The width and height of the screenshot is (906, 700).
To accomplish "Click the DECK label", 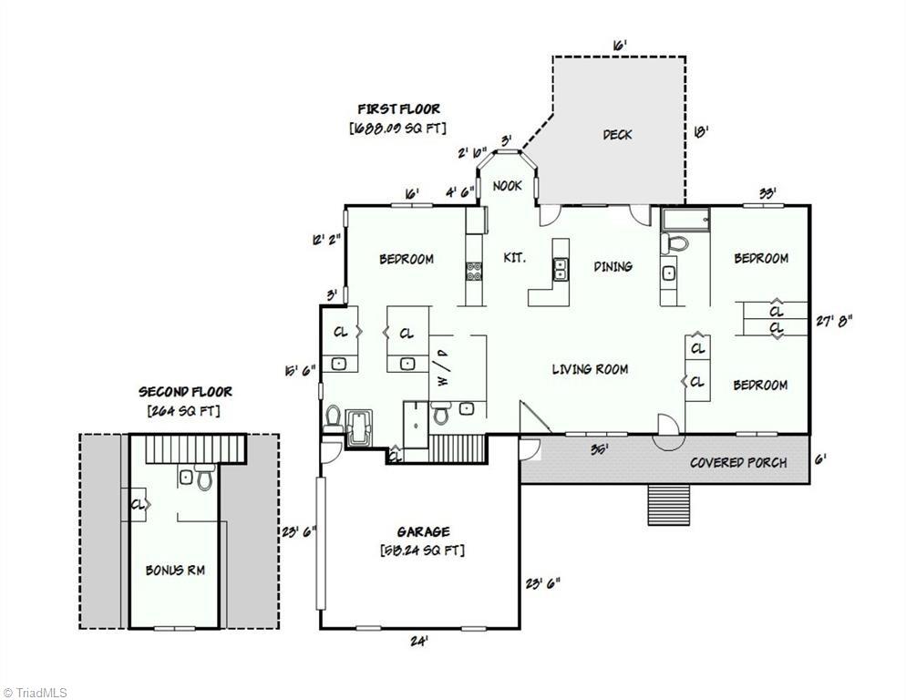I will click(x=617, y=135).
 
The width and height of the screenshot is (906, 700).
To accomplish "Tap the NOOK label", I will click(x=508, y=186).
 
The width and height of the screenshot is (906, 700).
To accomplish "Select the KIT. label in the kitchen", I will click(x=514, y=259).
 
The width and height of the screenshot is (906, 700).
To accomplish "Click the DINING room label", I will click(x=613, y=266).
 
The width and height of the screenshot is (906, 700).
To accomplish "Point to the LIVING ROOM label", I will click(x=590, y=369).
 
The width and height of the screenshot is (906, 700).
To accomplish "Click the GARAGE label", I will click(x=422, y=531).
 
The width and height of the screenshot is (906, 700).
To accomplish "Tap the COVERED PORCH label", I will click(x=737, y=462).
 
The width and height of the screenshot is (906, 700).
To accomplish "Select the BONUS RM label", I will click(x=175, y=571).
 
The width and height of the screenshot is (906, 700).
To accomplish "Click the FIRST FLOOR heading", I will click(x=398, y=109).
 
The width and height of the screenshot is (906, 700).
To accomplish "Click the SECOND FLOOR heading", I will click(x=185, y=391).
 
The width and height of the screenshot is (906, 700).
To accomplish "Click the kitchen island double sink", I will click(x=560, y=270).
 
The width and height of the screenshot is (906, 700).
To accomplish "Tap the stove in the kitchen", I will click(x=475, y=270).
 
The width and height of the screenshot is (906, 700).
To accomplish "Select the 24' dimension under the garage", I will click(x=418, y=641).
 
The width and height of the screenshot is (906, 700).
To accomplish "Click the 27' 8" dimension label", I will click(x=834, y=320).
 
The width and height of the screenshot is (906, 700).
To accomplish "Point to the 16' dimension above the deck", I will click(x=619, y=45).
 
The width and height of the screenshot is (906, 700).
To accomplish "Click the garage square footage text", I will click(x=422, y=551).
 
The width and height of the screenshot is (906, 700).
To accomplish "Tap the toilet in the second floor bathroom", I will click(x=203, y=478).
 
